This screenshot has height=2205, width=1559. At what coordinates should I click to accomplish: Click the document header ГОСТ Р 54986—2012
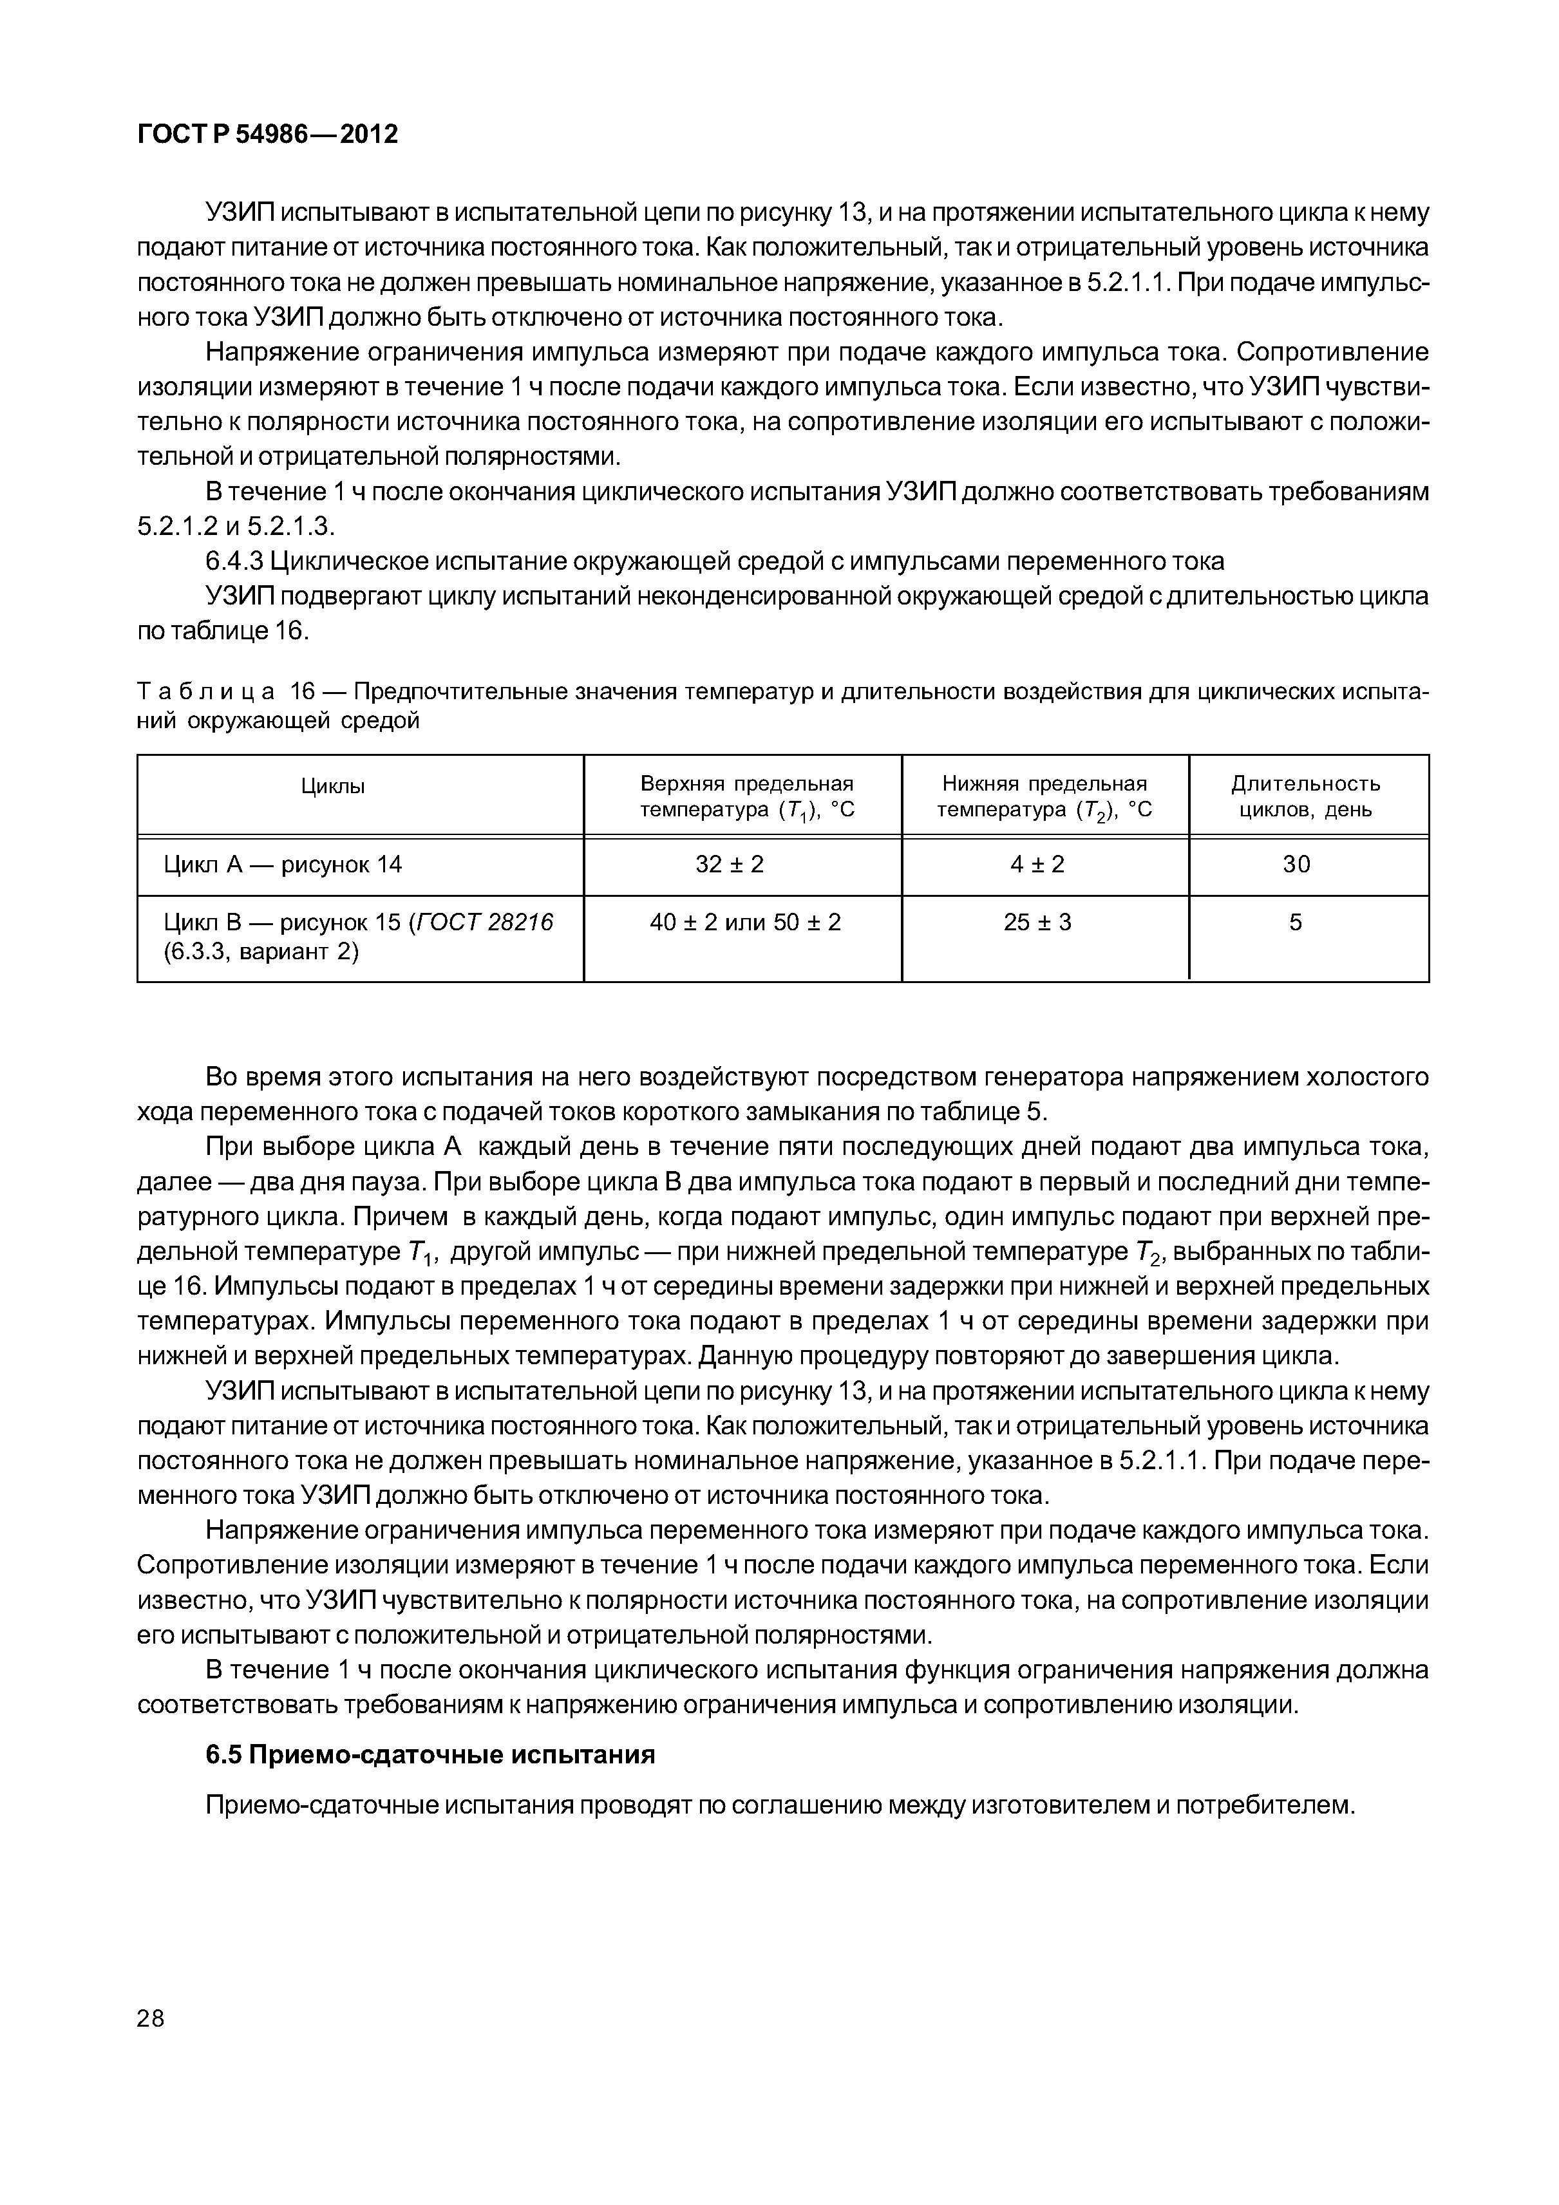pos(267,135)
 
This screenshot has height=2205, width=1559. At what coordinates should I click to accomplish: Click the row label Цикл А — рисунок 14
pos(283,865)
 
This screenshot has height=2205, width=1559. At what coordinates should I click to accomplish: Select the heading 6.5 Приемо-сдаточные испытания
pos(430,1754)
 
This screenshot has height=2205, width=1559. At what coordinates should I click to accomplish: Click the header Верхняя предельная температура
pos(746,797)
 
